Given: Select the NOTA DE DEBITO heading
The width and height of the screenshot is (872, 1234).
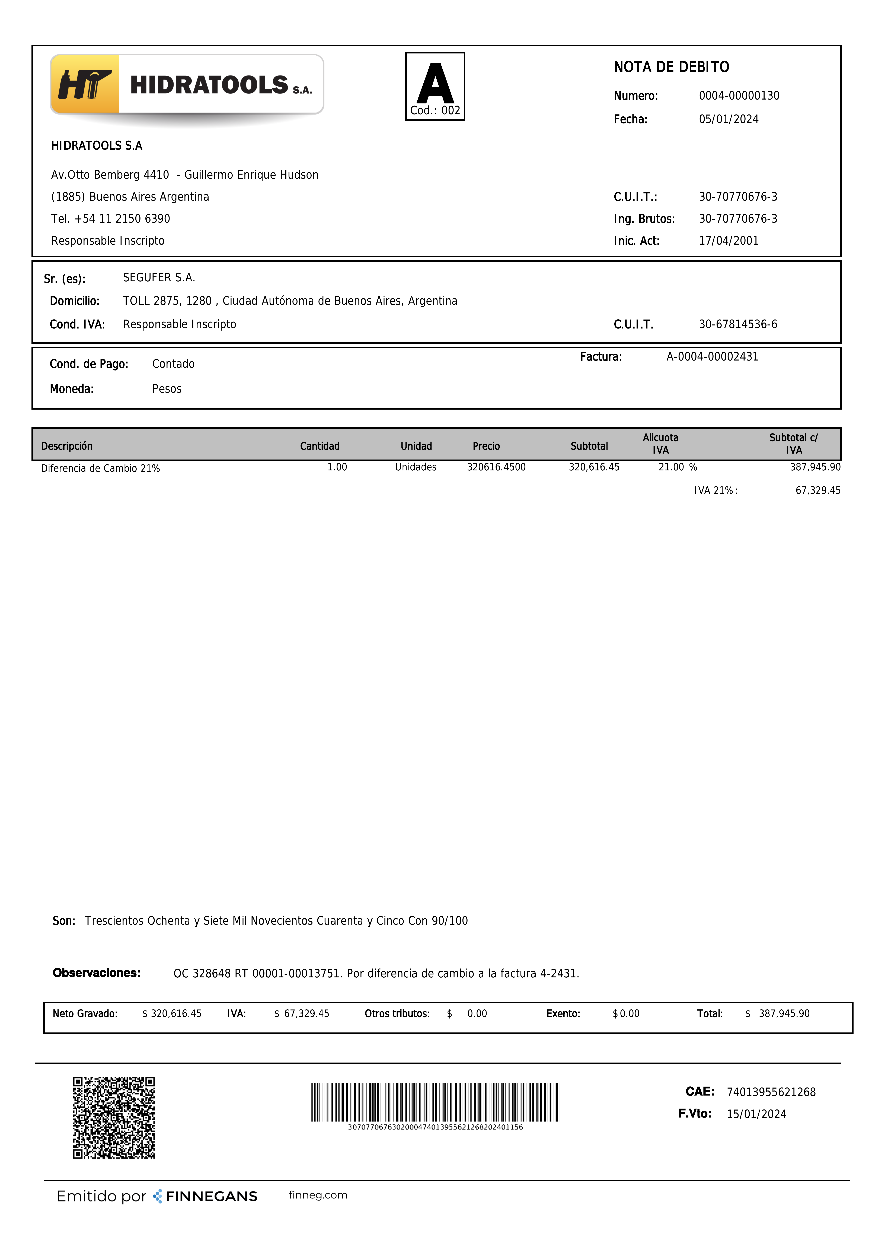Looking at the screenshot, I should point(671,67).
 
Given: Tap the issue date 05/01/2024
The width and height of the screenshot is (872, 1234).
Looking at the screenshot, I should point(729,119).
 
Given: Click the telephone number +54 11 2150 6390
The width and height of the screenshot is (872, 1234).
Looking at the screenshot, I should point(122,219).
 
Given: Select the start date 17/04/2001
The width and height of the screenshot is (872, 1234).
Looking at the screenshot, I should point(729,241).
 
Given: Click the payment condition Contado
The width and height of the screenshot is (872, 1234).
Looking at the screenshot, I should point(173,364).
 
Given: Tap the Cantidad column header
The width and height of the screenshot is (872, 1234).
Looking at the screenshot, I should point(320,446).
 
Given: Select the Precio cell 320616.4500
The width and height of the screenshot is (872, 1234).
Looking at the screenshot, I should point(496,467).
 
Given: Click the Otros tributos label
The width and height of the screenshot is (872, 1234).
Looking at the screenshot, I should point(397,1014).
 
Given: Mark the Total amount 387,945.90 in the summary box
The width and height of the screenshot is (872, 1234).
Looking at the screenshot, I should point(784,1014).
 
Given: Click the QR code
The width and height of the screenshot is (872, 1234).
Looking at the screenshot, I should point(114,1117).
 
